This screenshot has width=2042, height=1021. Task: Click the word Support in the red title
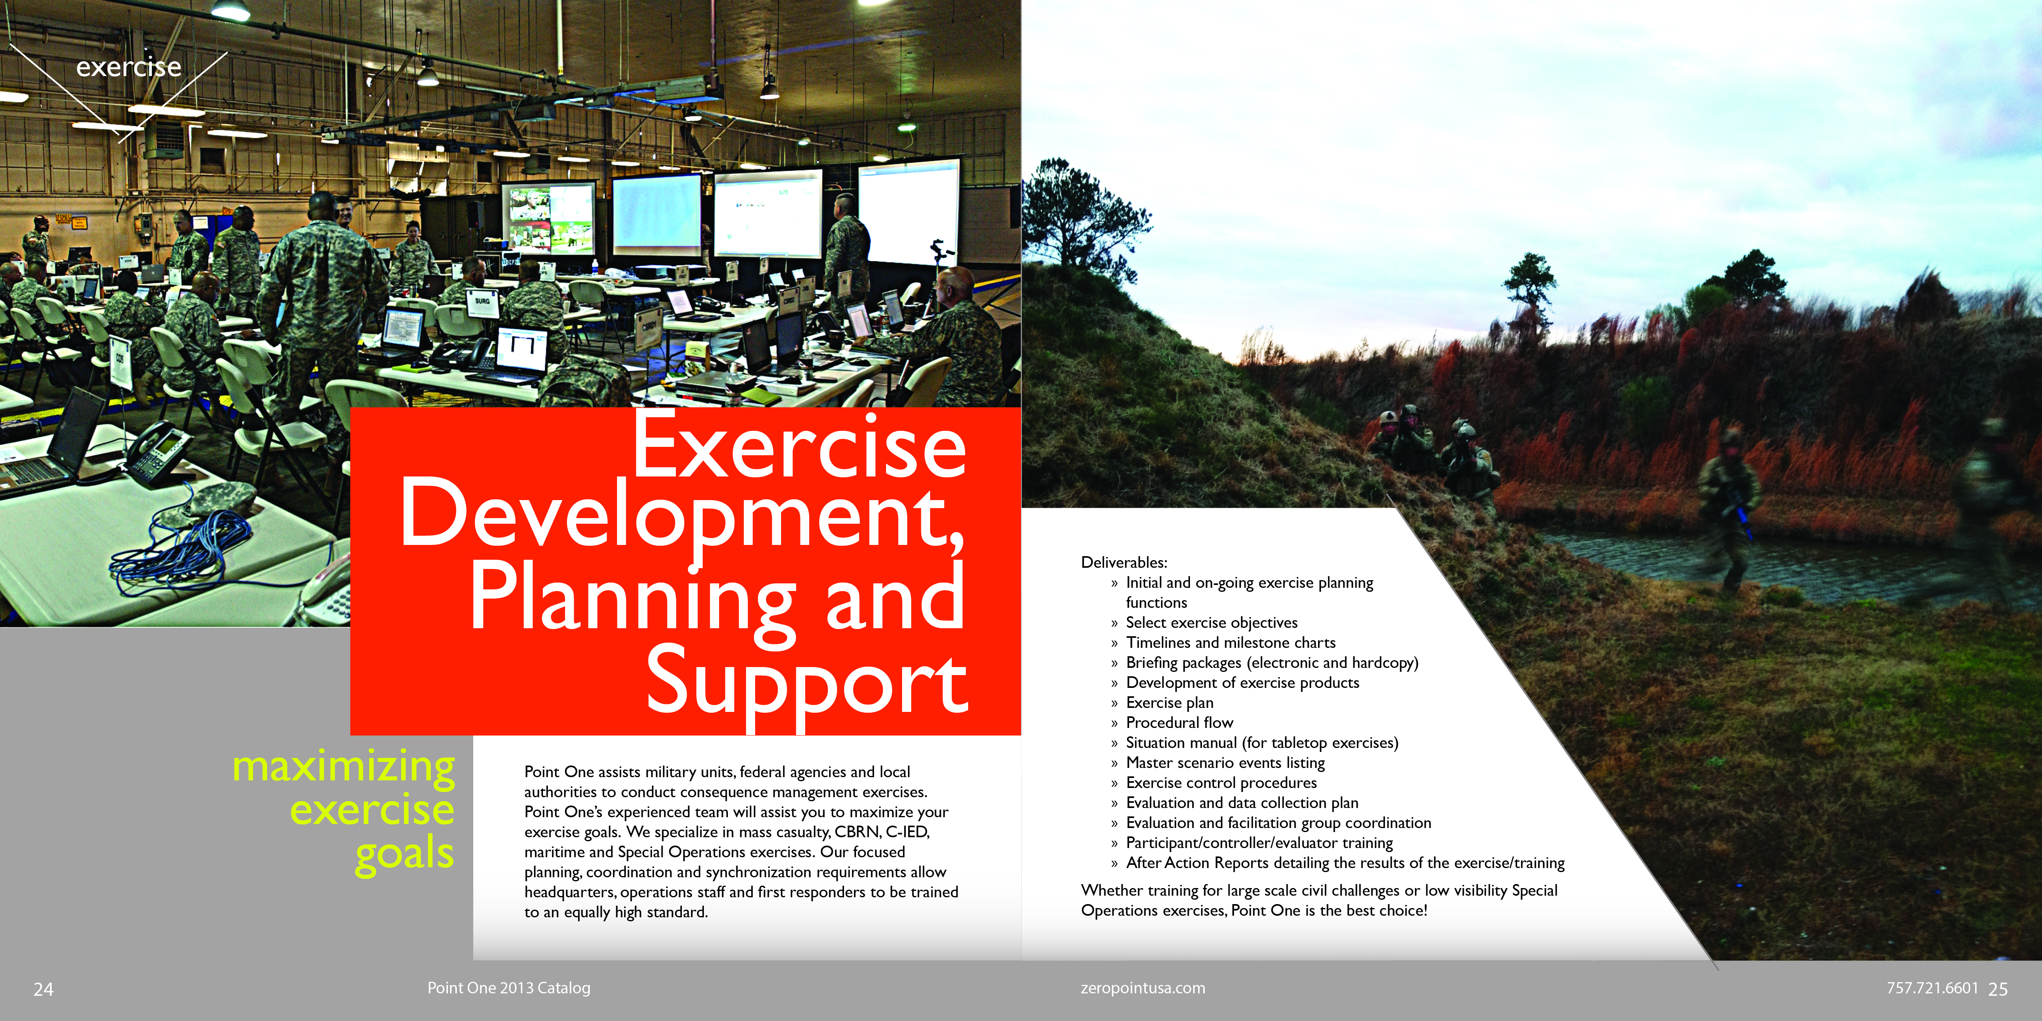tap(807, 683)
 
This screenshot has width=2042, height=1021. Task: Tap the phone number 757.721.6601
tap(1933, 988)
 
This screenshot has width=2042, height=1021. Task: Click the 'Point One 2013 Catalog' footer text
tap(509, 988)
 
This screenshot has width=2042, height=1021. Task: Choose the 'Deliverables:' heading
tap(1124, 562)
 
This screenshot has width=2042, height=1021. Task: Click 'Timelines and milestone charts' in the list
tap(1230, 643)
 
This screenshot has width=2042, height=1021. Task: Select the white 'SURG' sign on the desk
tap(482, 302)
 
